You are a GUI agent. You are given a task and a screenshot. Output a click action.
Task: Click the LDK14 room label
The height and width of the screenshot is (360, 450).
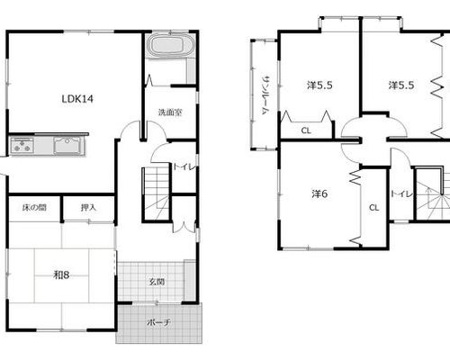point(77,99)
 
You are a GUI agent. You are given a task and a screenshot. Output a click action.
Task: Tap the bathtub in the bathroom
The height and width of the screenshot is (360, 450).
point(168,45)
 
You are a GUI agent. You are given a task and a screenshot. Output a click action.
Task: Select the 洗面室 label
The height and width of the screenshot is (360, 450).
point(170,112)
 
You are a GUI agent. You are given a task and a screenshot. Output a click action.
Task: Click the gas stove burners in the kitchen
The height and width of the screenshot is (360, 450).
point(22,145)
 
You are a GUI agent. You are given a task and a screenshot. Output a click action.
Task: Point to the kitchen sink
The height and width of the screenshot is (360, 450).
point(67,145)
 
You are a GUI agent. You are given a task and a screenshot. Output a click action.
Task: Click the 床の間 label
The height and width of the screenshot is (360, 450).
point(34,207)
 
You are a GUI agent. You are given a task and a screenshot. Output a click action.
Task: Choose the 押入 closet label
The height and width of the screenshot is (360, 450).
point(88,207)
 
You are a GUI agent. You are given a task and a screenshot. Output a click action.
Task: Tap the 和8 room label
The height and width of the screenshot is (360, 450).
point(61,274)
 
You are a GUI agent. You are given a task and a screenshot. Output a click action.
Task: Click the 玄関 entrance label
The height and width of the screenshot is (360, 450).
point(157,282)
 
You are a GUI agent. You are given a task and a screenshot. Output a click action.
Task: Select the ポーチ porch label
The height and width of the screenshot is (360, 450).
point(158,322)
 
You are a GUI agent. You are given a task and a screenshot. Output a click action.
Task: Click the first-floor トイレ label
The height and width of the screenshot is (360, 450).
point(184,167)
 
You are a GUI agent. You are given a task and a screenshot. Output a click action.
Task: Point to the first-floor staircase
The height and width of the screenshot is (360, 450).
point(157,193)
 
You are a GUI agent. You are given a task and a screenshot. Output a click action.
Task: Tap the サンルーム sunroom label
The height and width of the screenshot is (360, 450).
point(265,95)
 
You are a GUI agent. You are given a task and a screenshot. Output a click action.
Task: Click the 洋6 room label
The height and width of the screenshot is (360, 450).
point(319,194)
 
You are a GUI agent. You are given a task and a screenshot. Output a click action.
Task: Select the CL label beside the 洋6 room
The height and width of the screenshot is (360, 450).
point(373,207)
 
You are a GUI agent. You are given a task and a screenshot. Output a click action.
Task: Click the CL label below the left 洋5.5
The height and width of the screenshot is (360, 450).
point(306,130)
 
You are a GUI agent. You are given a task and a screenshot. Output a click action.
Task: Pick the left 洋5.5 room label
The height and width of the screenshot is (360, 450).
point(319,85)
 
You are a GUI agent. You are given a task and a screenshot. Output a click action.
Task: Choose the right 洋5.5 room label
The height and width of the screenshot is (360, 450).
point(401,85)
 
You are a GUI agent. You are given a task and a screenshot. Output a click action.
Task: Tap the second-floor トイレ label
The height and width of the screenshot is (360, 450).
point(402,194)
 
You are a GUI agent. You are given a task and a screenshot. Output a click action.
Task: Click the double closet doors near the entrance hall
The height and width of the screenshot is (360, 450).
point(184,227)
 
